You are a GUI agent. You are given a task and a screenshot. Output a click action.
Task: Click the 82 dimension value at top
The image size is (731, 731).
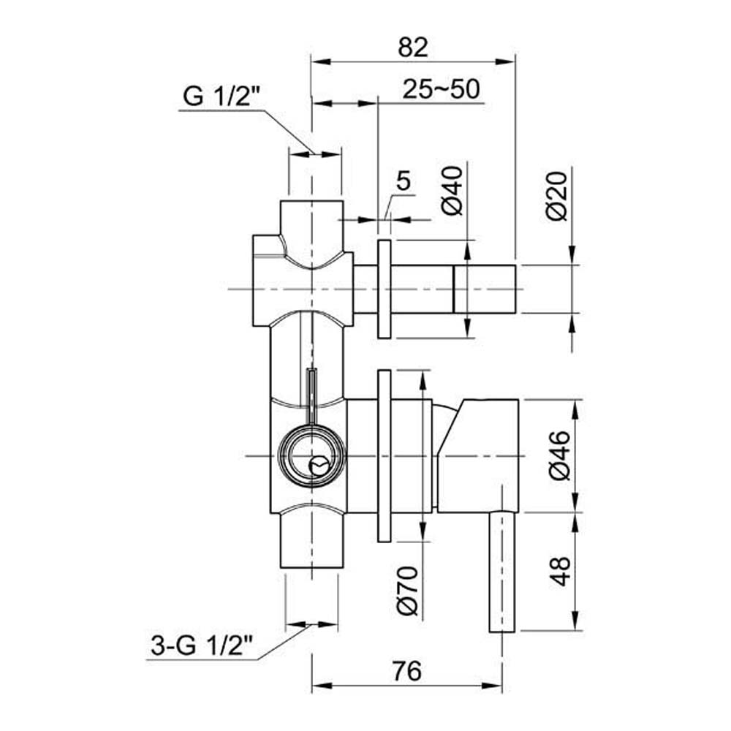pos(413,48)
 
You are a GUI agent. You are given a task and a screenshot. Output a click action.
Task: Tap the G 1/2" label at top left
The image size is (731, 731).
pos(217,96)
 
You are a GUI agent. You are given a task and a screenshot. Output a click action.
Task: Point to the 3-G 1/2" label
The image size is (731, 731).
pos(202,646)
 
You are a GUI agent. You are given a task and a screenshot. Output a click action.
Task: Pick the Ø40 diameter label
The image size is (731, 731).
pos(453,190)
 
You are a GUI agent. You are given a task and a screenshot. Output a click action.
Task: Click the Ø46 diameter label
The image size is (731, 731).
pos(558,455)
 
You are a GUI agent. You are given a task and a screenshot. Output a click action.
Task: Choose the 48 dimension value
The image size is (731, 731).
pos(560,570)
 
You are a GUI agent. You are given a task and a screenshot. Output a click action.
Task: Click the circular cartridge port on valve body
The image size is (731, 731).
pos(310,456)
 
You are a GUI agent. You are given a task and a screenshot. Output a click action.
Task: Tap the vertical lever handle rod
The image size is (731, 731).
pos(503,570)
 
